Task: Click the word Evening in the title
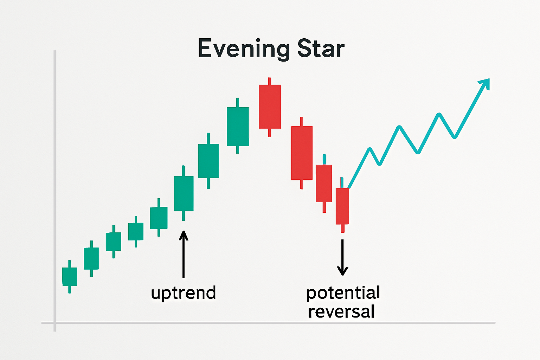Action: click(244, 50)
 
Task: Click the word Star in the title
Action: click(321, 49)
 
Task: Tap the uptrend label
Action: click(184, 293)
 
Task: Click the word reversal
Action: click(341, 311)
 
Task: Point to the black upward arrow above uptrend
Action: click(184, 255)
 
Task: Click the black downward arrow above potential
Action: click(342, 257)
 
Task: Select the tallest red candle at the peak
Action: click(270, 107)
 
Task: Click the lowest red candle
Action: click(342, 206)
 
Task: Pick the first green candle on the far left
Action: click(70, 277)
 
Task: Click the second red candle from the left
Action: click(302, 153)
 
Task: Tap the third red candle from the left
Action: click(324, 183)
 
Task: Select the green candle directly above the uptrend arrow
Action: click(184, 193)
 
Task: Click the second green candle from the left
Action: click(91, 258)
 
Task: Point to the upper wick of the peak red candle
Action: click(270, 82)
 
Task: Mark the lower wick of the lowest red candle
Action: click(342, 229)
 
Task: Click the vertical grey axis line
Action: click(55, 191)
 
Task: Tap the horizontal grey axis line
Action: click(268, 323)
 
